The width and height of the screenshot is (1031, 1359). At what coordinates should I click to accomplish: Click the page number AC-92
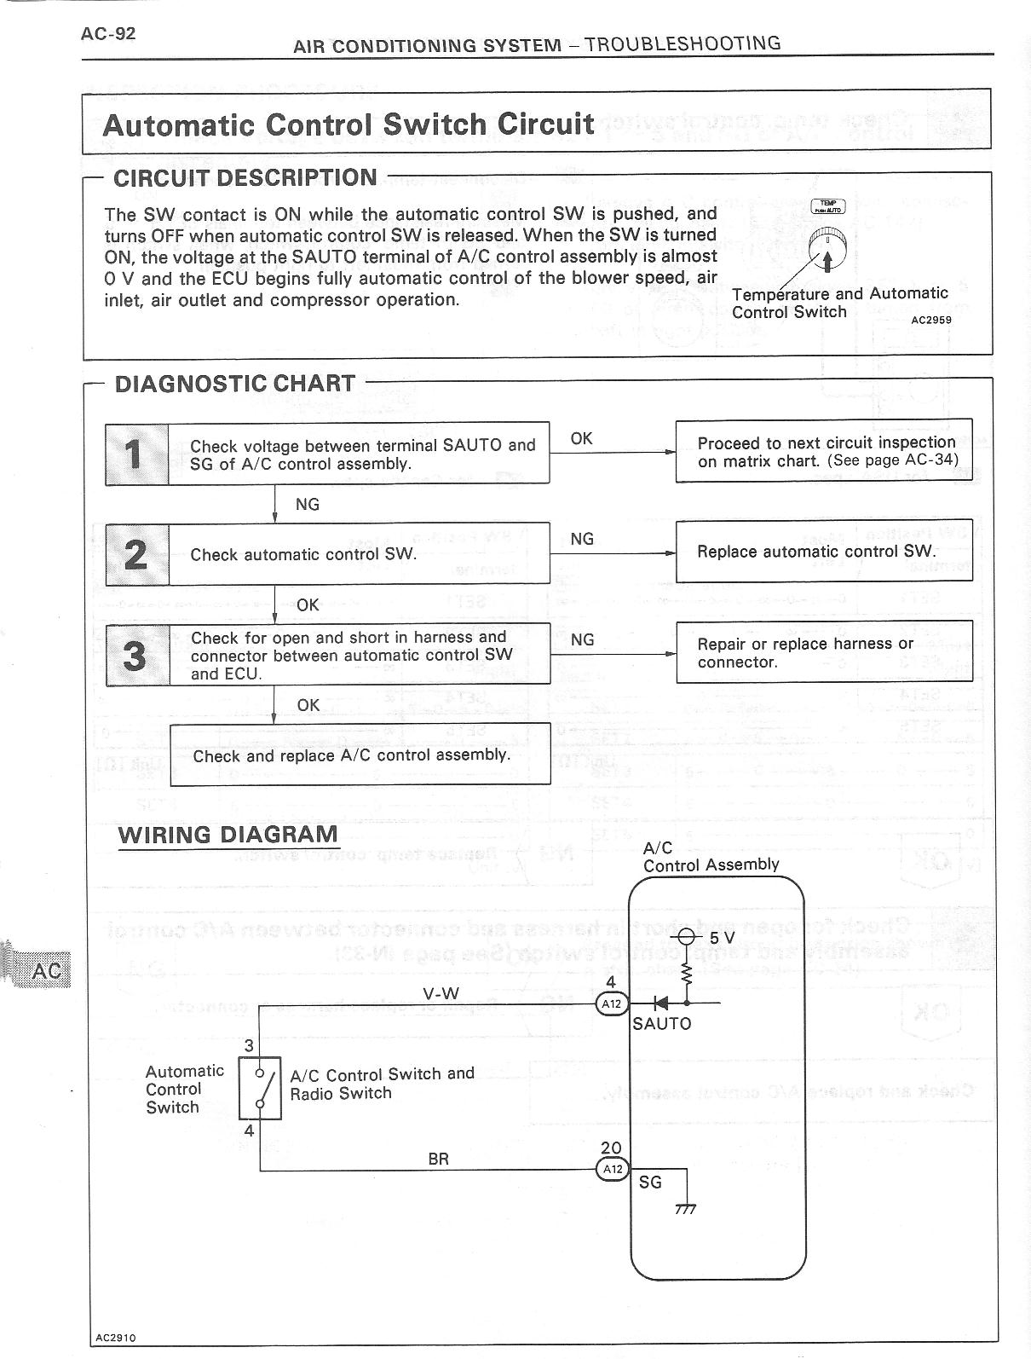point(108,33)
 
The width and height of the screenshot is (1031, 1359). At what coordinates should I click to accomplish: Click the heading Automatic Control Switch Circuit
point(348,124)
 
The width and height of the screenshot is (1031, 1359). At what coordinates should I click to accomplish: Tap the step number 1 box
point(136,454)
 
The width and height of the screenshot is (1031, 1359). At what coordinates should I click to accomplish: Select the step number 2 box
point(136,554)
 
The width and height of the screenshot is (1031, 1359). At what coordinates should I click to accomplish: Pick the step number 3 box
point(136,655)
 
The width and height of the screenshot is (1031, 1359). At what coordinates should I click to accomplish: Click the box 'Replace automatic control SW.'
point(823,552)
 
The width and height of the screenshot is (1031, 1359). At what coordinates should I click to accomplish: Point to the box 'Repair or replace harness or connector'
point(823,653)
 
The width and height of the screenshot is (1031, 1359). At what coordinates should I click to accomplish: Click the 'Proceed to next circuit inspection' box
point(823,451)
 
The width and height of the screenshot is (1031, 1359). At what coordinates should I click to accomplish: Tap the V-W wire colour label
point(441,992)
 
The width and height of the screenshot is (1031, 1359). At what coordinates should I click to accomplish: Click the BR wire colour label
point(438,1159)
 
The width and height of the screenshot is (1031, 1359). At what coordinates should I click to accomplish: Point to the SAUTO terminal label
point(662,1023)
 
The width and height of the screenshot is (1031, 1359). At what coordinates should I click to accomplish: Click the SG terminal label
point(650,1183)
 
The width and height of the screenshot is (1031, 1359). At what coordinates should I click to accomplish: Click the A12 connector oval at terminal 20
point(612,1169)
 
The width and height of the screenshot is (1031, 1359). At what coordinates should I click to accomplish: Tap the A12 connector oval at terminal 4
point(612,1003)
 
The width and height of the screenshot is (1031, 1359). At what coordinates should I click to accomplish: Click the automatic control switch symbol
point(259,1088)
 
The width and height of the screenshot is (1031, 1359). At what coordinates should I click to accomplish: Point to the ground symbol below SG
point(685,1209)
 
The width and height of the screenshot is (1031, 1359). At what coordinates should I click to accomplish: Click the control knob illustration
point(827,246)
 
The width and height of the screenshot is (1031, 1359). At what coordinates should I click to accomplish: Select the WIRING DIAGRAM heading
point(228,834)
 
